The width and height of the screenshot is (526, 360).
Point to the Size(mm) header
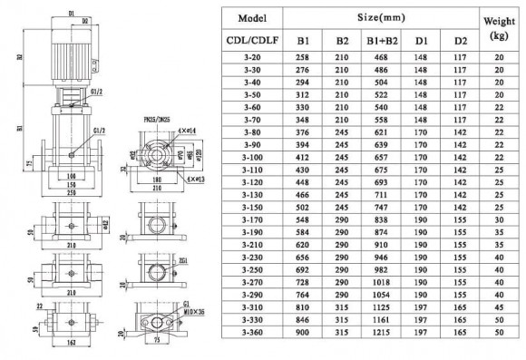[x=380, y=16]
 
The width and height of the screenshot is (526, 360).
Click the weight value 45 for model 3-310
[x=498, y=307]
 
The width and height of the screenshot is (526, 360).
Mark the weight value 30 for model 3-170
[x=498, y=219]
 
